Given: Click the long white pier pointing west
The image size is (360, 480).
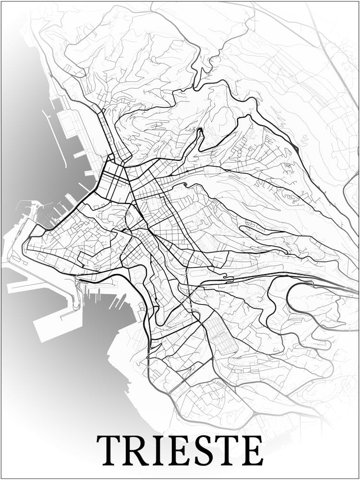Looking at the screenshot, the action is (x=29, y=286).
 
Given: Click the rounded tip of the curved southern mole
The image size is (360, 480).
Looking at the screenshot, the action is (x=77, y=307).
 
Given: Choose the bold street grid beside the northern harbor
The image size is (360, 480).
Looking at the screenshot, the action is (x=113, y=180).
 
